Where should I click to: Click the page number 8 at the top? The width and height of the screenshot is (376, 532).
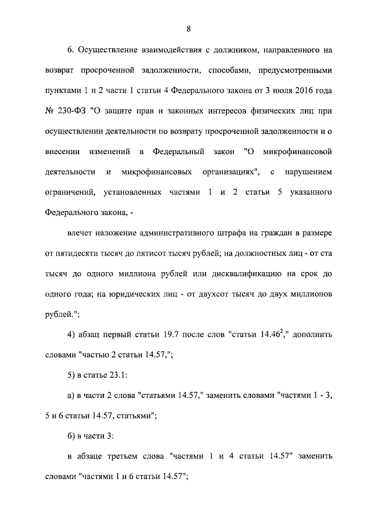[x=188, y=28]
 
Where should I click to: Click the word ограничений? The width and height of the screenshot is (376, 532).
[x=69, y=193]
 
